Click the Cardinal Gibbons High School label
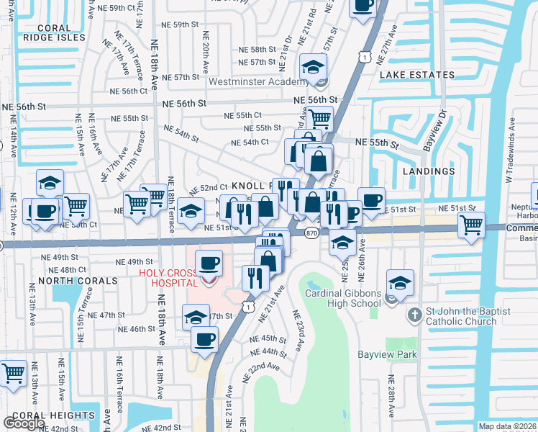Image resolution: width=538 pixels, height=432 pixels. pos(342,298)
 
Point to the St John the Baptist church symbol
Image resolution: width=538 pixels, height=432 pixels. pos(414,315)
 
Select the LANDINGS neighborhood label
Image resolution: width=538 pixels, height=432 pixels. pos(429,171)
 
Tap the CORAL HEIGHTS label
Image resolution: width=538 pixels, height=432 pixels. pos(53,415)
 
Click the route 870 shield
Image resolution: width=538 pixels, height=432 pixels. pos(311,233)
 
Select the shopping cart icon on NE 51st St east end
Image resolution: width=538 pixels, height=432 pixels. pos(470,224)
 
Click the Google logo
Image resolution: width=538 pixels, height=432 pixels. pos(24,423)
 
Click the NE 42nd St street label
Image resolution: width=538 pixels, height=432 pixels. pos(158,428)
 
